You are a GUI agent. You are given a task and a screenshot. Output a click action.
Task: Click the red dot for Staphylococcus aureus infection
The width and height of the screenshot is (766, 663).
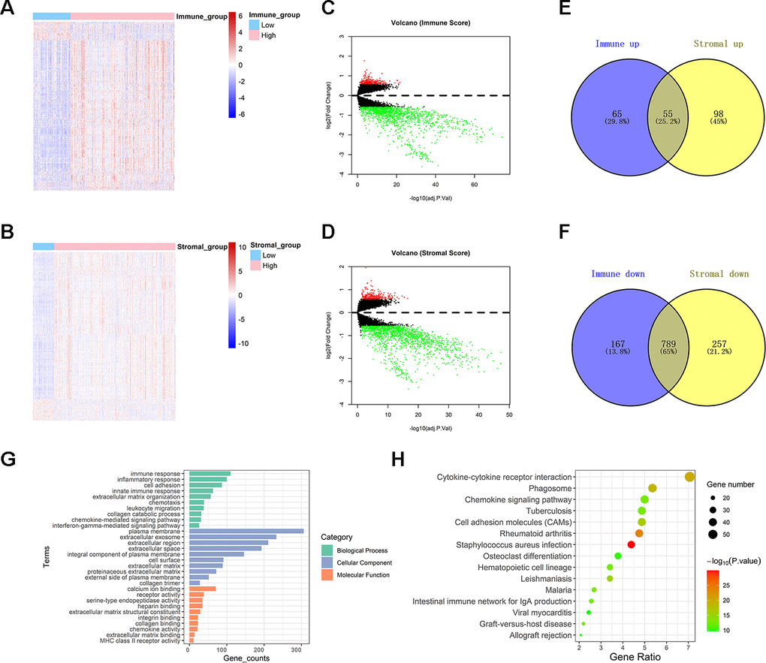[631, 544]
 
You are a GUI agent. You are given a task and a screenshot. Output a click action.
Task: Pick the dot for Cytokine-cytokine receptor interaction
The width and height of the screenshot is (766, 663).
[690, 476]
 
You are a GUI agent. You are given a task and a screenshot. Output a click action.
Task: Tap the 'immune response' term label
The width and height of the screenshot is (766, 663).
[157, 474]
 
